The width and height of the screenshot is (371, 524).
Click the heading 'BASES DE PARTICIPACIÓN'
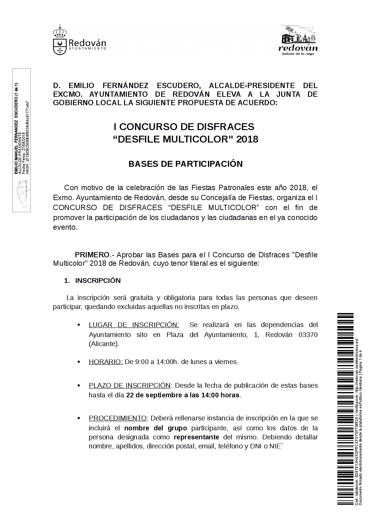click(x=185, y=164)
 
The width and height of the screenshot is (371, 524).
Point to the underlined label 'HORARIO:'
click(x=106, y=362)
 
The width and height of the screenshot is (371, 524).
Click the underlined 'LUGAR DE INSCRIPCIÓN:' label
click(x=134, y=325)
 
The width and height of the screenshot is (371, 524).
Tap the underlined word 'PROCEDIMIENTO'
click(x=118, y=418)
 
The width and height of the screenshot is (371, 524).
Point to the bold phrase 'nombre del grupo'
click(x=156, y=427)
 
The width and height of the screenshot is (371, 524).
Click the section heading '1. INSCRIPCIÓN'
click(x=92, y=280)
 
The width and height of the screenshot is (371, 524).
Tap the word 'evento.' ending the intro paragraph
click(x=65, y=227)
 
